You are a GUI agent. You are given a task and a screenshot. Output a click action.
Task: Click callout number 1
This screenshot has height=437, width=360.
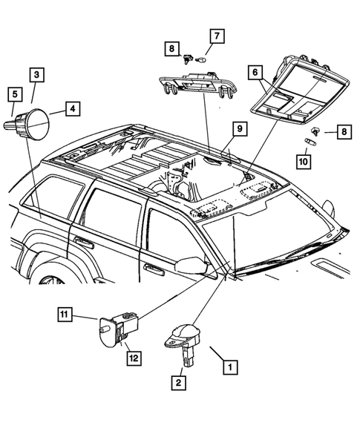point(231,366)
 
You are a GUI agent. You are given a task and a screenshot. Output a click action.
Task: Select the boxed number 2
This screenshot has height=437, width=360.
point(179,383)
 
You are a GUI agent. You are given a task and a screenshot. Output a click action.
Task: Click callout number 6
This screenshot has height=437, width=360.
point(255,72)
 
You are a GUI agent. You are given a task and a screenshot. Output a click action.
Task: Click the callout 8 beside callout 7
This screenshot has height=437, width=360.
point(171,48)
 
